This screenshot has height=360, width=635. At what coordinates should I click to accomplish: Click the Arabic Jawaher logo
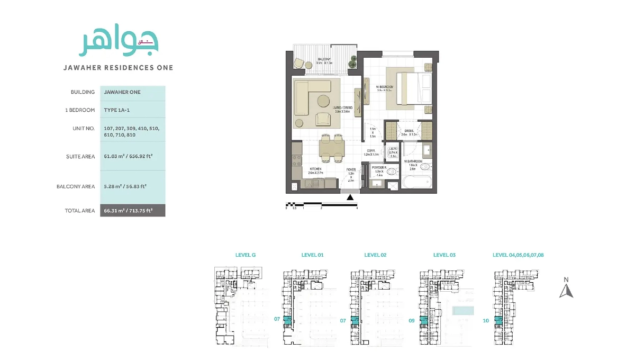(119, 41)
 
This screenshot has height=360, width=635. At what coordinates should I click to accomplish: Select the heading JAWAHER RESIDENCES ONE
(118, 68)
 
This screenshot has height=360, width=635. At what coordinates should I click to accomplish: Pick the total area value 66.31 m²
(128, 211)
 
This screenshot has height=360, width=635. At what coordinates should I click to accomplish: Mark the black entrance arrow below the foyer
(350, 198)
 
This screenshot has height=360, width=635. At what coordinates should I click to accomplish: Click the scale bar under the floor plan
(321, 204)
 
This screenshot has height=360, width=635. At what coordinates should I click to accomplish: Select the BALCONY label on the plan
(324, 59)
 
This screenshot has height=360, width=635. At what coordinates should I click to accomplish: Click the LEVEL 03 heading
(444, 255)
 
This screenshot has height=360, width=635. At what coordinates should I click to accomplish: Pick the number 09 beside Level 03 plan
(412, 320)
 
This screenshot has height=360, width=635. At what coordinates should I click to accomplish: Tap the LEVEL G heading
(246, 255)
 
